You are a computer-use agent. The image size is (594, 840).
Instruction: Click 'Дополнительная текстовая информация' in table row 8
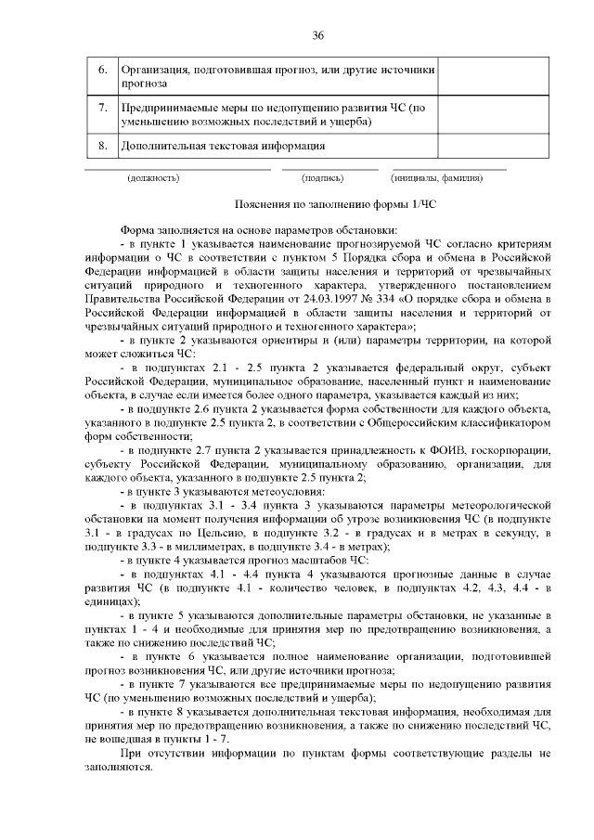tap(223, 146)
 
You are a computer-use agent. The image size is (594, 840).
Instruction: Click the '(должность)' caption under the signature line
tap(153, 177)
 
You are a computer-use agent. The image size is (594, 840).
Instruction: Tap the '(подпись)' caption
tap(322, 177)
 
